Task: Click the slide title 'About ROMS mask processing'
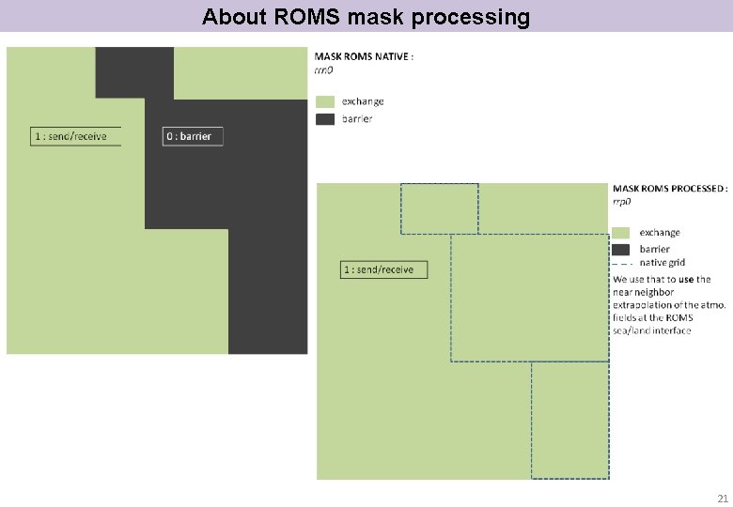[366, 17]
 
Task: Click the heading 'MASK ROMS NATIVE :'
[364, 56]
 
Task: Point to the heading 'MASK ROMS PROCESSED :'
[670, 189]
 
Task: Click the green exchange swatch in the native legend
[325, 101]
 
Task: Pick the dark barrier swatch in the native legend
[325, 119]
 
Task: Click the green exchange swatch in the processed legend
[621, 232]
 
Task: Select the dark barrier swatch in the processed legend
[621, 249]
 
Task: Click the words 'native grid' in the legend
[663, 263]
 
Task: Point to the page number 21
[722, 499]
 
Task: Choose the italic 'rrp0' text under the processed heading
[622, 201]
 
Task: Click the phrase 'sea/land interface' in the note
[652, 330]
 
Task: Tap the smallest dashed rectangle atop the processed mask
[440, 208]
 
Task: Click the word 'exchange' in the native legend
[363, 101]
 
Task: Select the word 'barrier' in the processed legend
[655, 249]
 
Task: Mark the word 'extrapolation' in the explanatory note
[643, 305]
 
